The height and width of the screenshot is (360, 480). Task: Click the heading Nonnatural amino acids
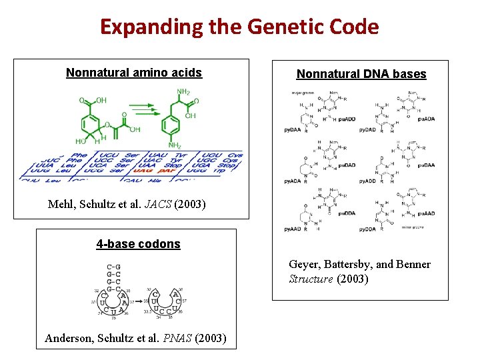click(x=133, y=72)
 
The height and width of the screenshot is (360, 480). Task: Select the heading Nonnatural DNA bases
click(x=361, y=74)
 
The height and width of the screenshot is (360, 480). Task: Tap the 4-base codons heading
click(x=138, y=243)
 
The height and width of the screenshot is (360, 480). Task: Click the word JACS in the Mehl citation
click(x=155, y=204)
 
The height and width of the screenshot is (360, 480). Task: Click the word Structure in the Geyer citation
click(x=311, y=279)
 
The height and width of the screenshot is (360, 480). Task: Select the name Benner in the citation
click(x=413, y=264)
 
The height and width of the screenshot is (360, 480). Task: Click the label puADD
click(x=347, y=119)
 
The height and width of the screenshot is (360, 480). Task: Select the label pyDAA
click(x=293, y=129)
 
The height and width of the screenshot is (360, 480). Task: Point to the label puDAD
click(x=347, y=165)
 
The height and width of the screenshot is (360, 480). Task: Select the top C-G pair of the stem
click(x=113, y=267)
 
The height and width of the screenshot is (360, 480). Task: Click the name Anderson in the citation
click(x=71, y=339)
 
